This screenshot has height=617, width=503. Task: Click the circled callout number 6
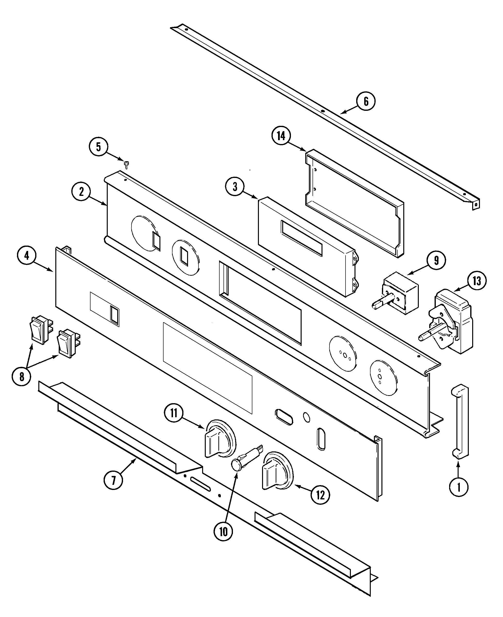[x=366, y=101]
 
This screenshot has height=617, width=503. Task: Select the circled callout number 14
[x=281, y=136]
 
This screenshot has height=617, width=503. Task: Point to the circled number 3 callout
[x=235, y=187]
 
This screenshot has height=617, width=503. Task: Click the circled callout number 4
[x=27, y=256]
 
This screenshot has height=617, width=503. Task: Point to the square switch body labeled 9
[x=401, y=294]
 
